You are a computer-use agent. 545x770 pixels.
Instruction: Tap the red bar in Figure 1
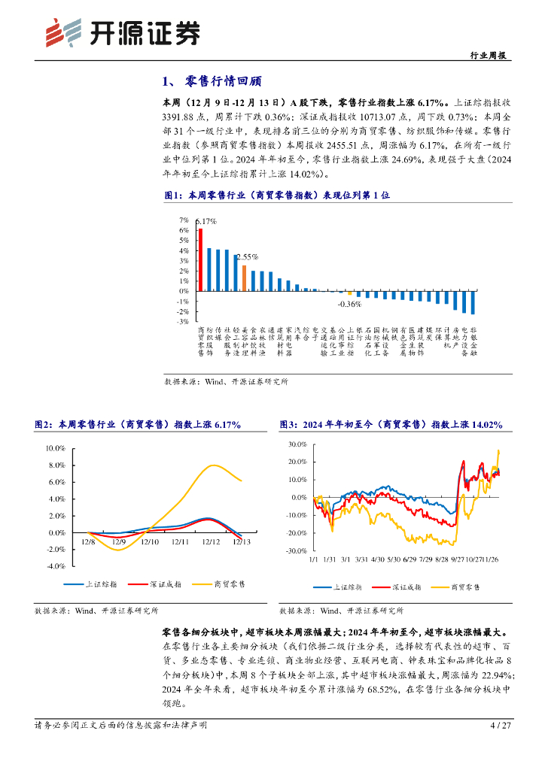point(200,259)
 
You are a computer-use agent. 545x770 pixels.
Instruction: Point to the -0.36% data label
point(350,304)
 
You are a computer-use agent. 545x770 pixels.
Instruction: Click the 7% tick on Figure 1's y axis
point(184,220)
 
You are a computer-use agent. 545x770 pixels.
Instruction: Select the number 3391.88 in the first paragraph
point(180,117)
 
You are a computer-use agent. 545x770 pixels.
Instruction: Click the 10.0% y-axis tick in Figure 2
point(56,447)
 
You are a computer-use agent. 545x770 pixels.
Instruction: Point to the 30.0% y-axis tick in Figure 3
point(298,444)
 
